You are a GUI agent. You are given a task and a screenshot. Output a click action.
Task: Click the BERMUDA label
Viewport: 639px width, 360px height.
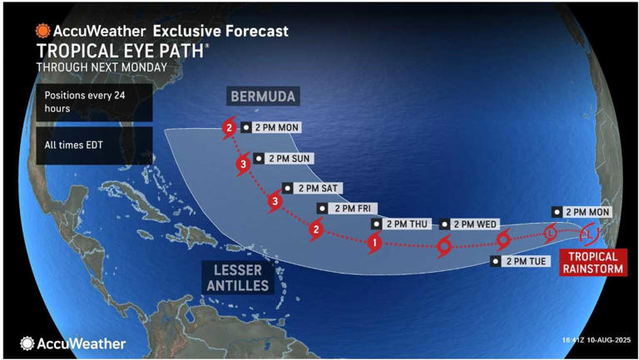pyautogui.click(x=262, y=96)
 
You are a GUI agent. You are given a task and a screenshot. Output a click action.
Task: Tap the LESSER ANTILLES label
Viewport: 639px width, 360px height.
pyautogui.click(x=237, y=279)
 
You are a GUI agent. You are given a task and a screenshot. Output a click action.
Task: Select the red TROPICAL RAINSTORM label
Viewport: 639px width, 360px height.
pyautogui.click(x=592, y=262)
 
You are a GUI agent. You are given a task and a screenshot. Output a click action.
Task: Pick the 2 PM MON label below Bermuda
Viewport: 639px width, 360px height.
pyautogui.click(x=271, y=127)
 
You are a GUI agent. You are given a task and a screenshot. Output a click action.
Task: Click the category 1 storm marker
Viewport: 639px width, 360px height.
pyautogui.click(x=374, y=243)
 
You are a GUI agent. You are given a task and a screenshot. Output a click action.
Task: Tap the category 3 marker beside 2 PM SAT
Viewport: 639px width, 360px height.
pyautogui.click(x=275, y=201)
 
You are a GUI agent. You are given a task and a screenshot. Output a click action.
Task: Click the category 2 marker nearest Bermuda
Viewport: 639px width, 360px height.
pyautogui.click(x=229, y=129)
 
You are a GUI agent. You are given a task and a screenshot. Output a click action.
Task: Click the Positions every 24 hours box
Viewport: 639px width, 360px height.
pyautogui.click(x=93, y=101)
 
